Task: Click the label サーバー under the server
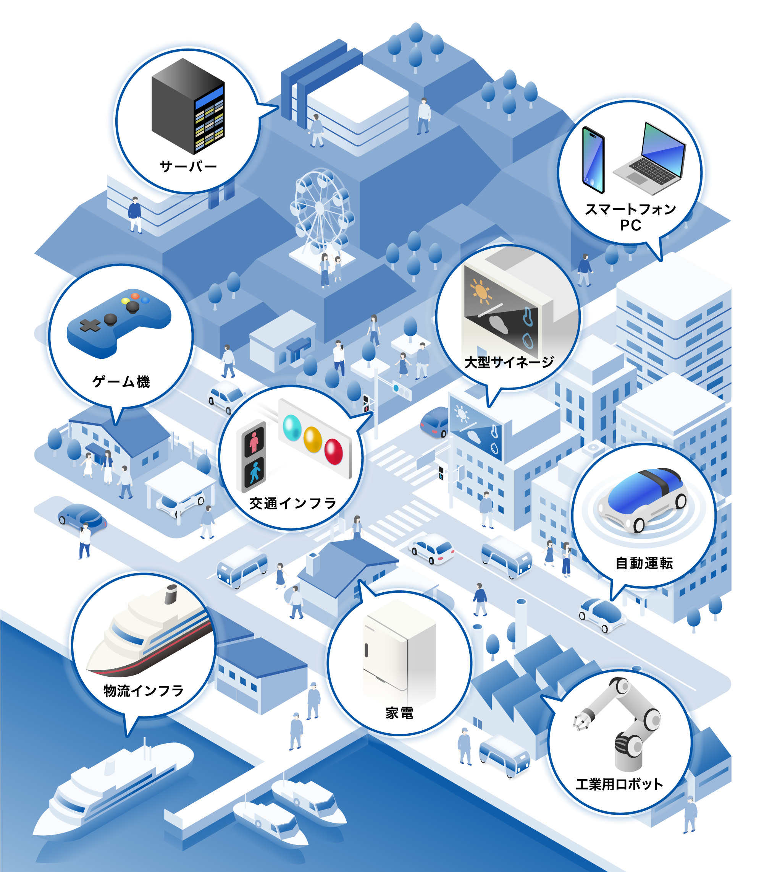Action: (x=188, y=166)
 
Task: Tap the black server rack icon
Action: (x=188, y=106)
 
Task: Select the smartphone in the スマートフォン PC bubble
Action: (x=593, y=160)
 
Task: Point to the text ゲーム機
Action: (x=121, y=381)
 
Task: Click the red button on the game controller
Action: (x=135, y=296)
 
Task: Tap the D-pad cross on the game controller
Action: (x=90, y=326)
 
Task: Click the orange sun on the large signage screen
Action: (x=481, y=292)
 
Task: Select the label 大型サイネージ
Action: (x=509, y=362)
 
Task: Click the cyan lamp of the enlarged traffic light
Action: (x=292, y=428)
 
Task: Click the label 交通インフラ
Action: (x=293, y=503)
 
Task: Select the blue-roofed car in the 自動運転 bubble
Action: (x=643, y=499)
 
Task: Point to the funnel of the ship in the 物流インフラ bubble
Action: (x=171, y=594)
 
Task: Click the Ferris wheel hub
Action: (x=320, y=208)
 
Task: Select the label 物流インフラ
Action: (x=144, y=691)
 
